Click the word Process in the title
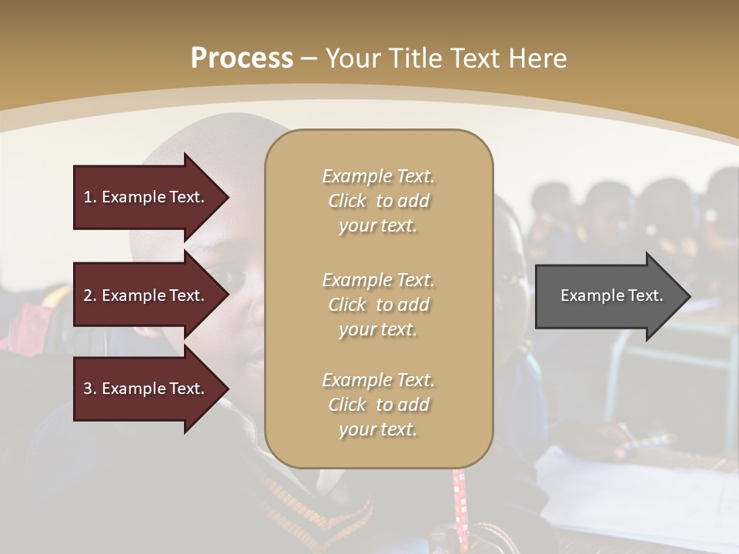242,58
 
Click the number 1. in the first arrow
90,197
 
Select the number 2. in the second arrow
90,295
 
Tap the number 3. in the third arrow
90,389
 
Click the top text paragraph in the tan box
378,201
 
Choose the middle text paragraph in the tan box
378,304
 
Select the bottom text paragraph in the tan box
378,405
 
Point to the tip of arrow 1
228,197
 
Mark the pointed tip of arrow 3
228,389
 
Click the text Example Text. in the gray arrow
612,295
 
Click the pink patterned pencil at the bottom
460,500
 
